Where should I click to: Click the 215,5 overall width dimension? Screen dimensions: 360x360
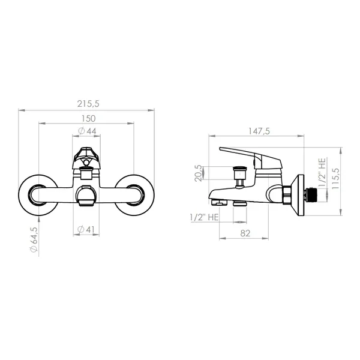pos(88,104)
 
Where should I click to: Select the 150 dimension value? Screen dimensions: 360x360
pos(89,119)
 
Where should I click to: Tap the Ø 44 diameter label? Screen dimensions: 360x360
pos(87,131)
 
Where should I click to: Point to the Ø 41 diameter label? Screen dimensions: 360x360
pos(86,229)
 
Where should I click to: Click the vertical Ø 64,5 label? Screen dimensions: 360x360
pos(34,239)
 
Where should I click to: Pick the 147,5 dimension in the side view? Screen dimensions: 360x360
pos(259,131)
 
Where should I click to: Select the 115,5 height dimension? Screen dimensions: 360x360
pos(335,179)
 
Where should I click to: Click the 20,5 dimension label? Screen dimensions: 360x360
pos(199,173)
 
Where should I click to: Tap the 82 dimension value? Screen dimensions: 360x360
pos(245,233)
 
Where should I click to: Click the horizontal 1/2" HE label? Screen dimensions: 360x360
pos(205,217)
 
